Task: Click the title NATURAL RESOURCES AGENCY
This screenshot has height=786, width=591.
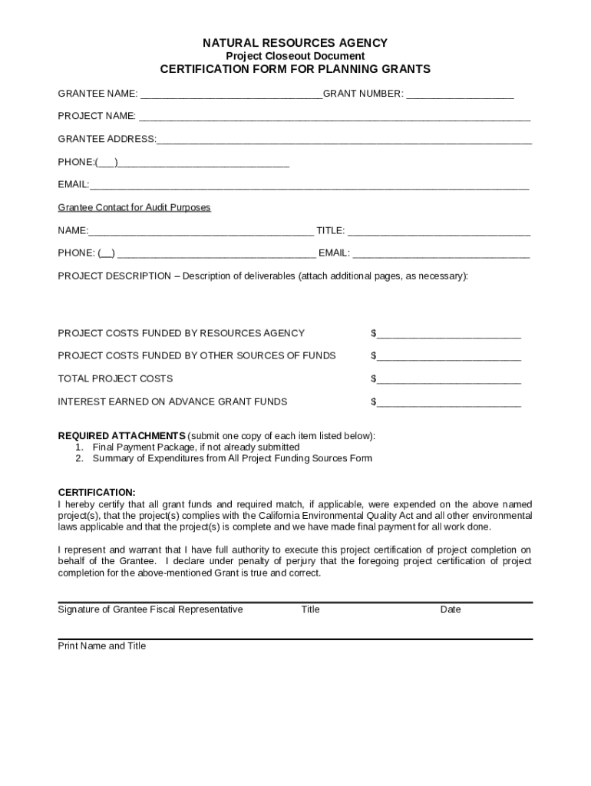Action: [x=295, y=43]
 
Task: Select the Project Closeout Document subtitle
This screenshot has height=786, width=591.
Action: [x=295, y=56]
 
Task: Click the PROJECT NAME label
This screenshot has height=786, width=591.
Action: [x=97, y=116]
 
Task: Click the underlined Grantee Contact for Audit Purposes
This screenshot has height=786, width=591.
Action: [x=134, y=207]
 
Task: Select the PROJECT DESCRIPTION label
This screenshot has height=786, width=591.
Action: [x=114, y=276]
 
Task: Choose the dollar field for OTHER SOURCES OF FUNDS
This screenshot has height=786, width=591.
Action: [x=448, y=357]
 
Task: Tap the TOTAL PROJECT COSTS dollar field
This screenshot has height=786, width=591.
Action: [x=448, y=380]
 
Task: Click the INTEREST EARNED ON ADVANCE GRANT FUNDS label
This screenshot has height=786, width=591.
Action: [x=173, y=401]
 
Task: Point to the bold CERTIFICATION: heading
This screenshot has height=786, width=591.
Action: [x=97, y=492]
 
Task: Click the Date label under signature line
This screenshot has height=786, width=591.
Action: [x=451, y=609]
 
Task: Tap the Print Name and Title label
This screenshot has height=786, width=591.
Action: [x=102, y=646]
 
